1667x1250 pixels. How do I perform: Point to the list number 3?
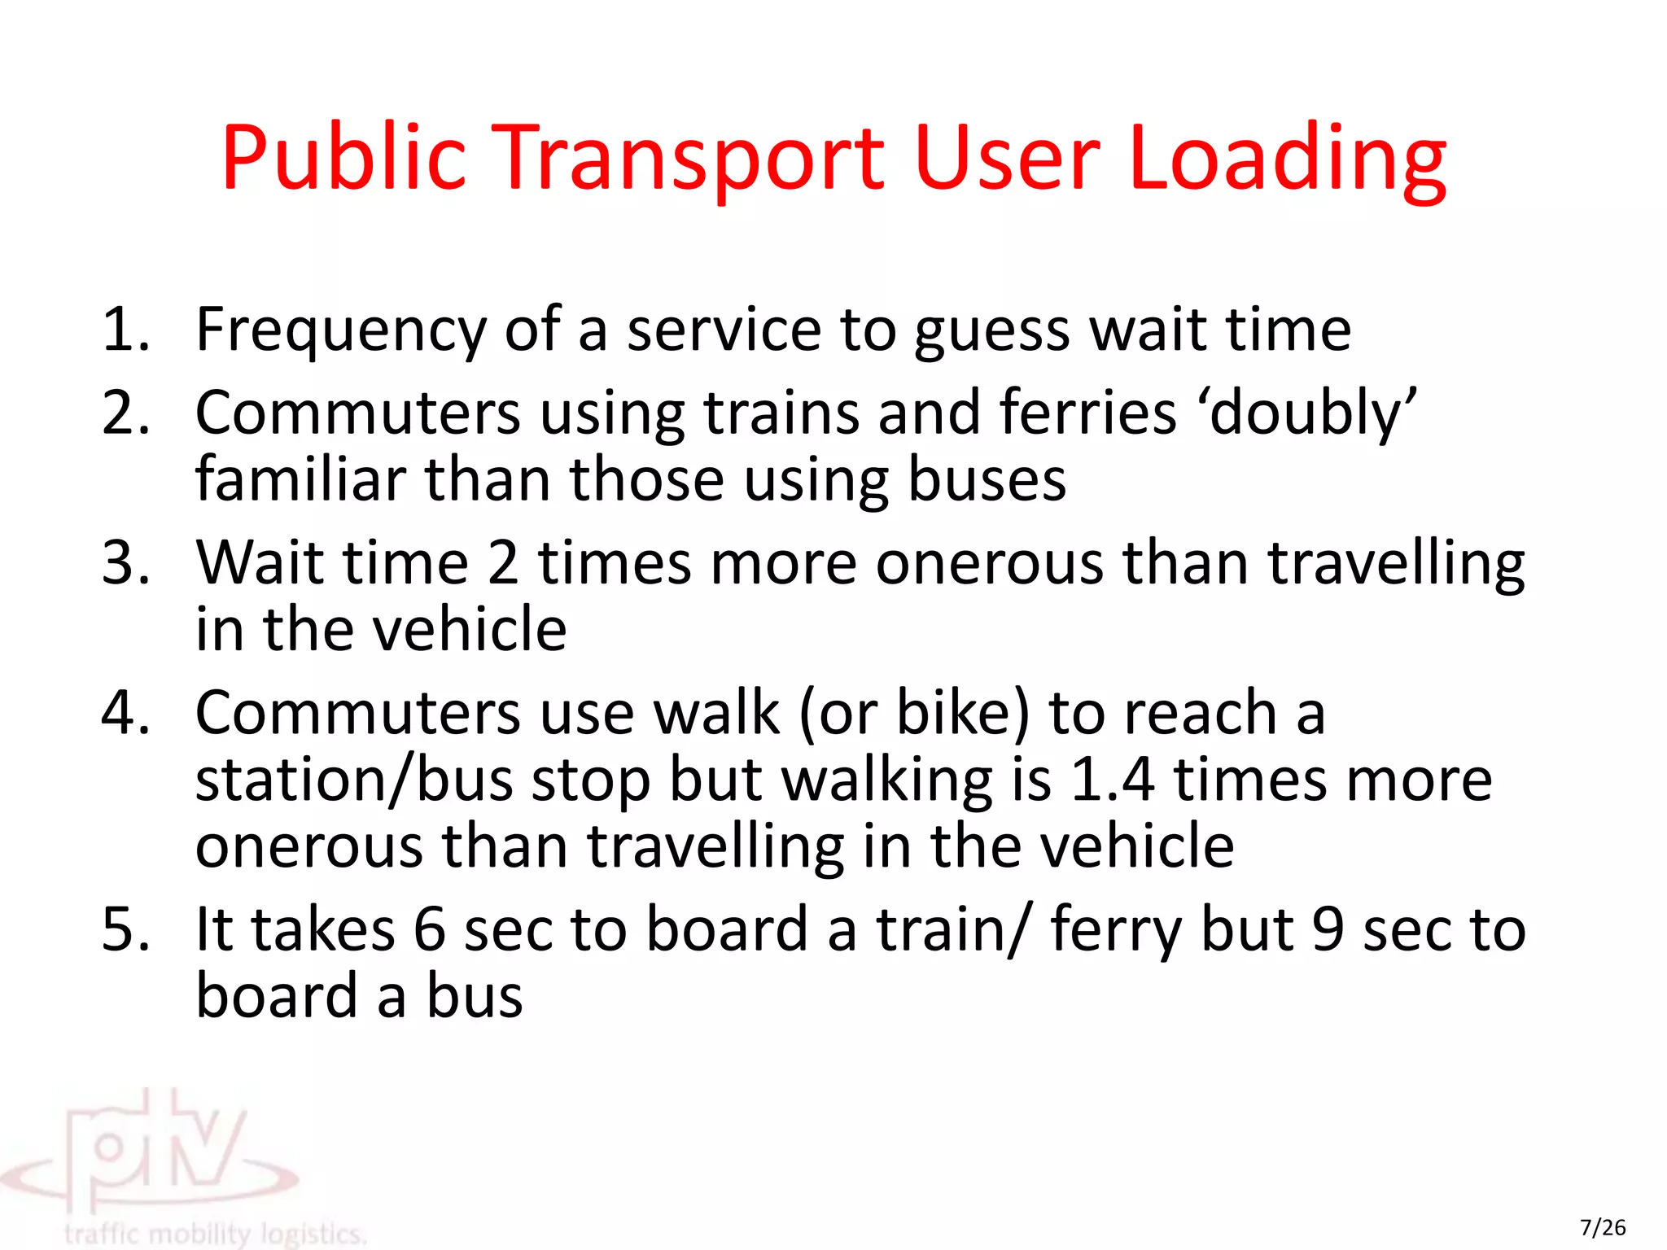pos(126,562)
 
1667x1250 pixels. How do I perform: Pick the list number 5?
pos(126,929)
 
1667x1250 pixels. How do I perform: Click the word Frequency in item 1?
pos(340,330)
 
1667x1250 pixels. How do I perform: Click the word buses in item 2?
pos(987,479)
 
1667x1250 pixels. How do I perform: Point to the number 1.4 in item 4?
pos(1112,780)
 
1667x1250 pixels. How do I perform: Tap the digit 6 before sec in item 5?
pos(429,929)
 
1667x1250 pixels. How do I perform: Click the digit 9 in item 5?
pos(1328,929)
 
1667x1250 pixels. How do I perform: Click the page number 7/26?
pos(1603,1227)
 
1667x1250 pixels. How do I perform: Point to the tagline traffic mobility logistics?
pos(215,1234)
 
